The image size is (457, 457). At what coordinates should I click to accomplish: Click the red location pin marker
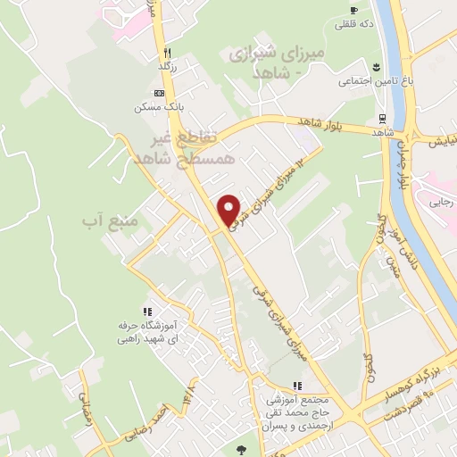point(230,210)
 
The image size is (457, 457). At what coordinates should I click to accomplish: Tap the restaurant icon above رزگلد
point(168,52)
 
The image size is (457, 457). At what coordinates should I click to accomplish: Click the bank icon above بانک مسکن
point(160,93)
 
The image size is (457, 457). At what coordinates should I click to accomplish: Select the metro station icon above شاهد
point(382,117)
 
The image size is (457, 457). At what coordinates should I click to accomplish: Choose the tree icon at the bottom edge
point(239,450)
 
